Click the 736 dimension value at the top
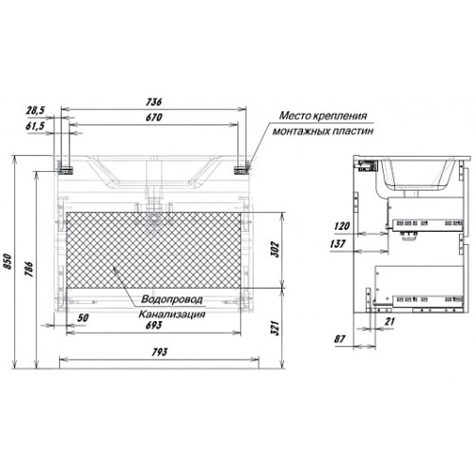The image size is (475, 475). (154, 102)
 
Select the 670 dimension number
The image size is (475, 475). (154, 118)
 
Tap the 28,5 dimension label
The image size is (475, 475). (35, 110)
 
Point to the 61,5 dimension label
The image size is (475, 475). (35, 126)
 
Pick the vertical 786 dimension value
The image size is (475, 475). (29, 270)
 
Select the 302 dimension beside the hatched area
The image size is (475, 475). (275, 250)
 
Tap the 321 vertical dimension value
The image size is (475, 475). (275, 328)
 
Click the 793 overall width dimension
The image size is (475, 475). (160, 352)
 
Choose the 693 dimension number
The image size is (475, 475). (154, 325)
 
